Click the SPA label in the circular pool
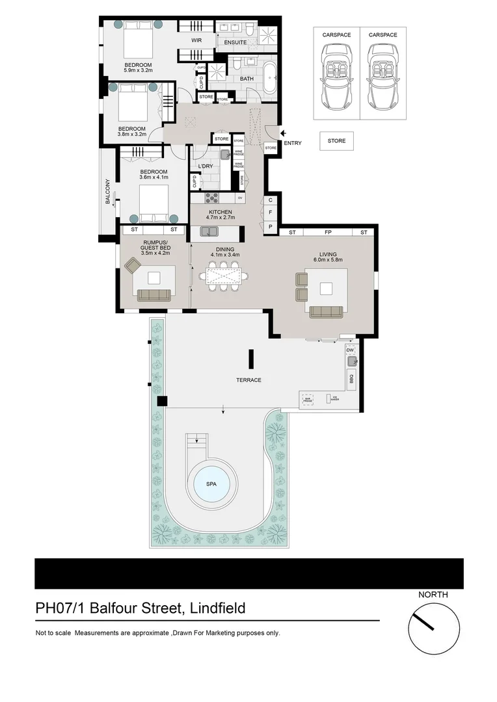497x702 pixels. tap(212, 485)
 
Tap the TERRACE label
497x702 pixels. tap(249, 380)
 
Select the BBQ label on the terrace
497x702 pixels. tap(351, 378)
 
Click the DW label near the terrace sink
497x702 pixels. tap(349, 350)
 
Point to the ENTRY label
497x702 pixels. tap(293, 143)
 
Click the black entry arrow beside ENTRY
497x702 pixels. tap(282, 134)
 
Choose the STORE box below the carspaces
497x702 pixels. tap(336, 141)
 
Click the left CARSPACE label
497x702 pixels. tap(336, 34)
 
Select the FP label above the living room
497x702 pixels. tap(328, 232)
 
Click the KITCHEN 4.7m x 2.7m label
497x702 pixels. tap(220, 216)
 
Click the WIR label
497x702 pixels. tap(196, 40)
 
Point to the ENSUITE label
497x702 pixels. tap(235, 43)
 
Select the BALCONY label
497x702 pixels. tap(109, 192)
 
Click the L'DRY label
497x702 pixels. tap(206, 166)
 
